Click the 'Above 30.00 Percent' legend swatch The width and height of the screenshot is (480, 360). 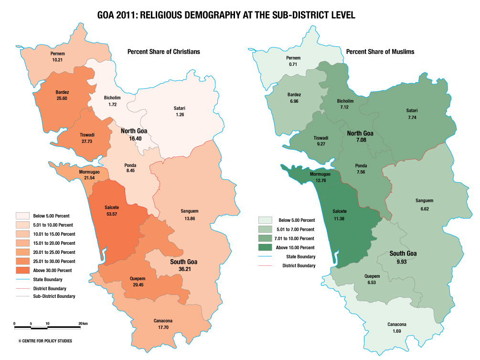point(22,270)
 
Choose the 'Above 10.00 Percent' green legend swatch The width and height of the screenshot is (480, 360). point(267,247)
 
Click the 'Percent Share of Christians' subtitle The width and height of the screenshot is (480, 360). point(163,52)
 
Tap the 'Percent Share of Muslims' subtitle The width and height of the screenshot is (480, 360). point(380,52)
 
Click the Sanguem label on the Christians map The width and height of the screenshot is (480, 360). point(190,211)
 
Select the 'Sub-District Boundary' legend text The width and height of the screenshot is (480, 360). point(54,296)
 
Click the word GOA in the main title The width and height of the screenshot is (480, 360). point(108,15)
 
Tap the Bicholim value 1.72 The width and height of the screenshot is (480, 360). point(112,104)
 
